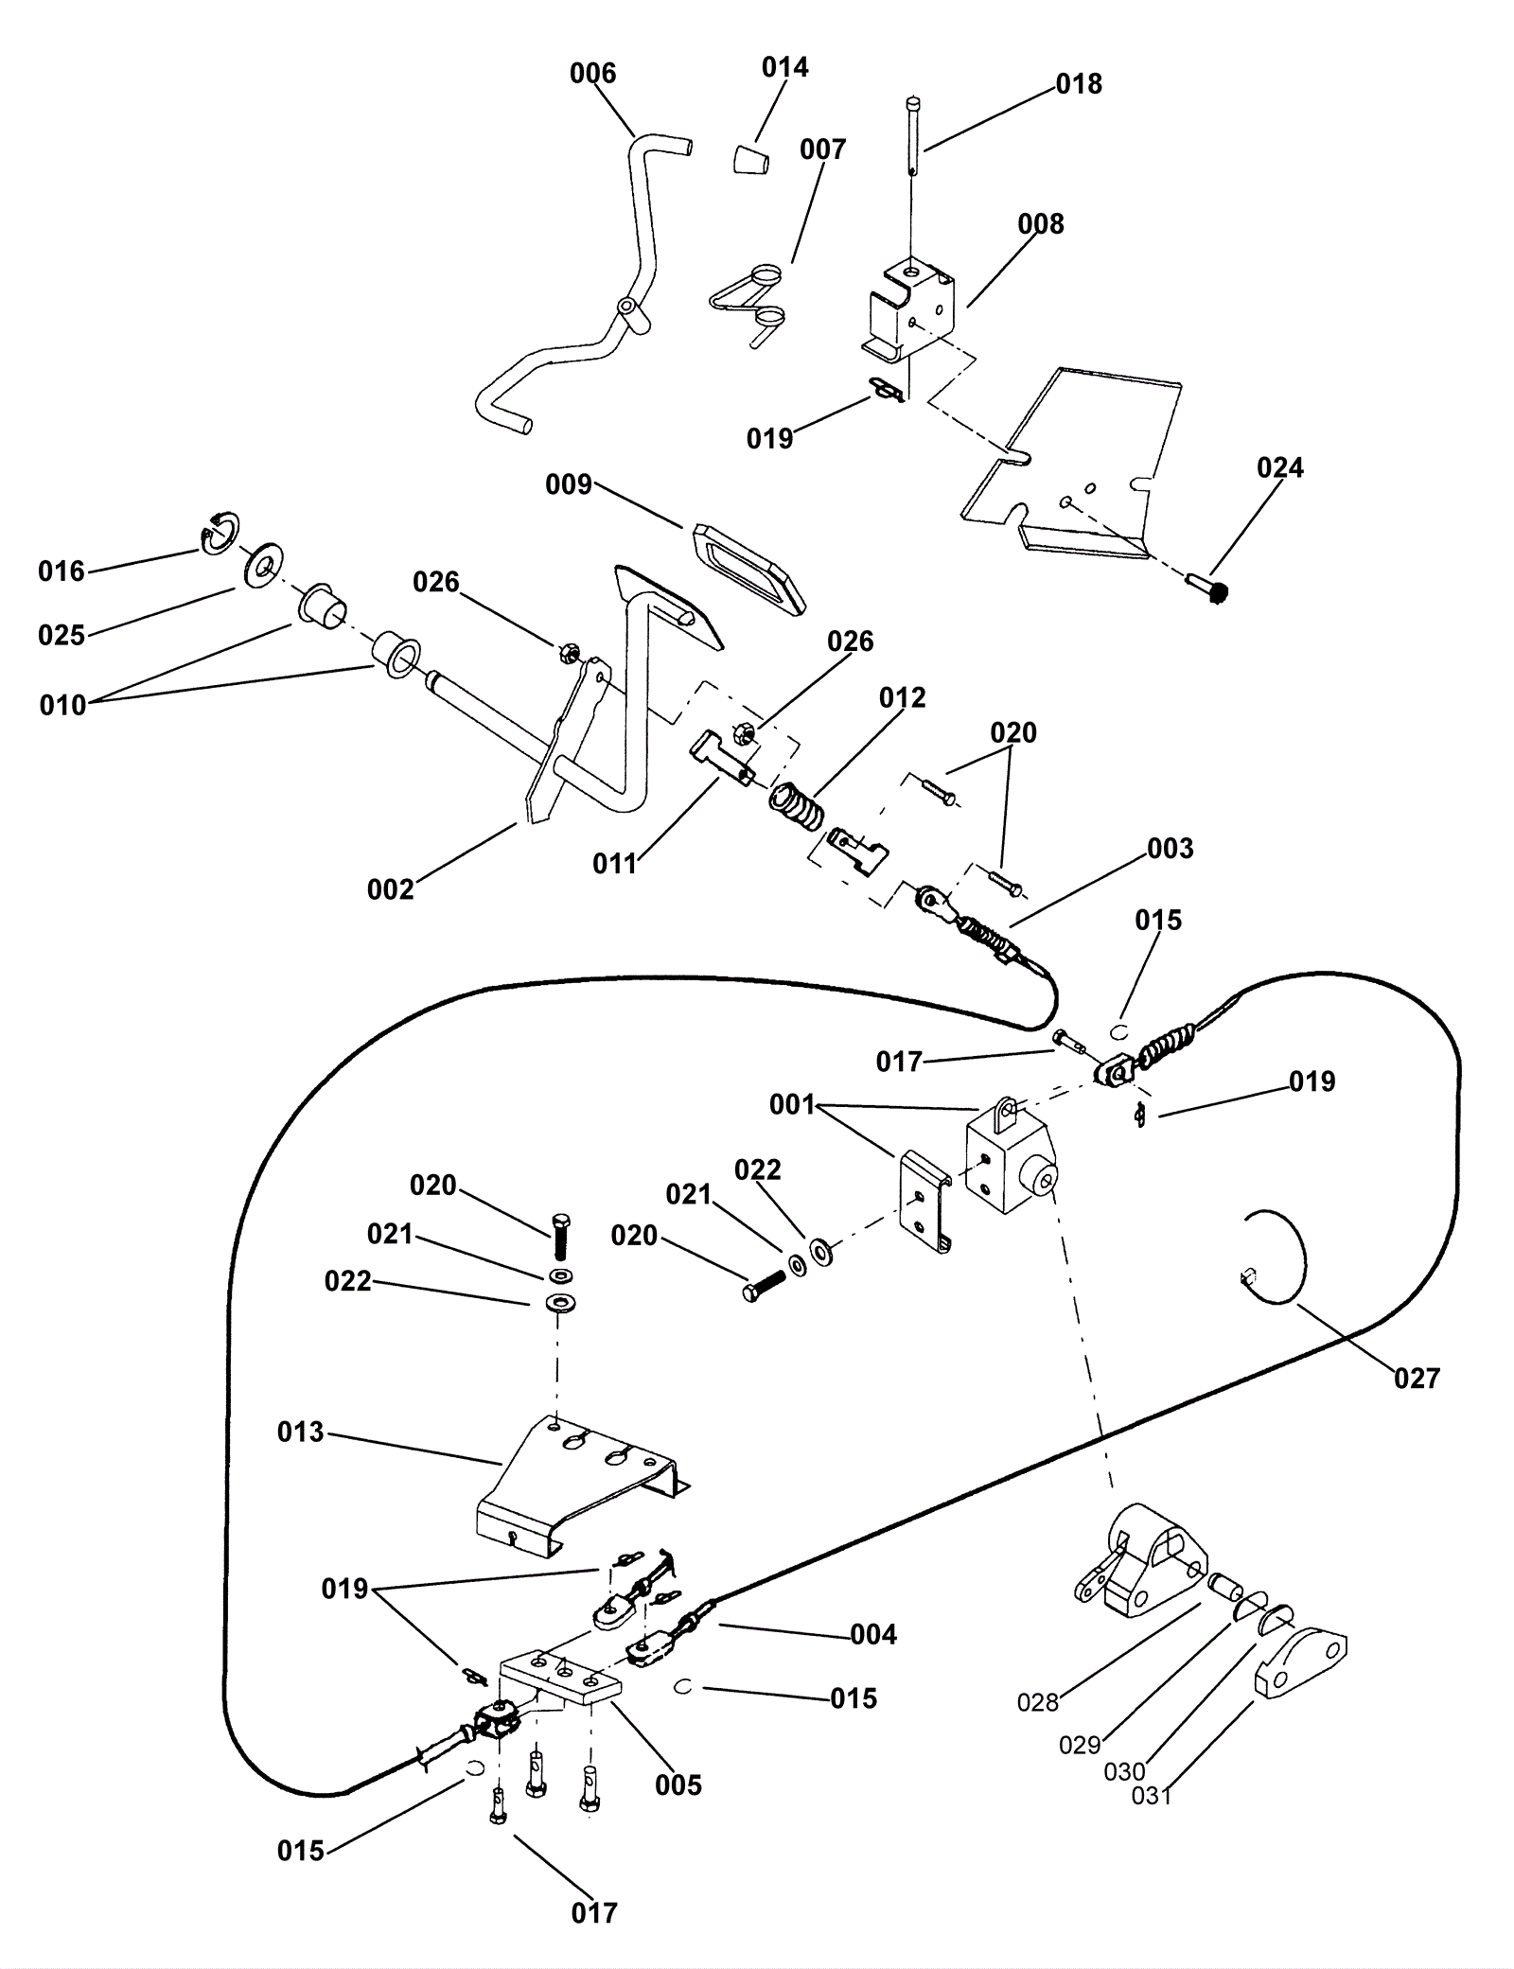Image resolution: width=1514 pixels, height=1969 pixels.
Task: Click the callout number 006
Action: click(x=592, y=74)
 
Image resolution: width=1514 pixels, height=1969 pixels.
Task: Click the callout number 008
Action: click(x=1041, y=224)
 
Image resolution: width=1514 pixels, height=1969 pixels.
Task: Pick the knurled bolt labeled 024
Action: click(x=1208, y=589)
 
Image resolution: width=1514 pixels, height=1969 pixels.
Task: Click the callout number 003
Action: click(x=1171, y=849)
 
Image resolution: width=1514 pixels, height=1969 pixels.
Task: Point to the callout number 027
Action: click(x=1417, y=1379)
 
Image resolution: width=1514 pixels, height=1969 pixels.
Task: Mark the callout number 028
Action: click(x=1037, y=1703)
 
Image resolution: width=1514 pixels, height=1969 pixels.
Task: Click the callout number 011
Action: click(x=615, y=863)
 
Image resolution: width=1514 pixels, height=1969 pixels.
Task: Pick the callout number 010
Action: click(x=62, y=705)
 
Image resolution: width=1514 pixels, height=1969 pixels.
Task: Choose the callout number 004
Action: click(x=873, y=1634)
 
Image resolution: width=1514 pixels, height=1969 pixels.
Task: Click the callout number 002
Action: click(x=391, y=889)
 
